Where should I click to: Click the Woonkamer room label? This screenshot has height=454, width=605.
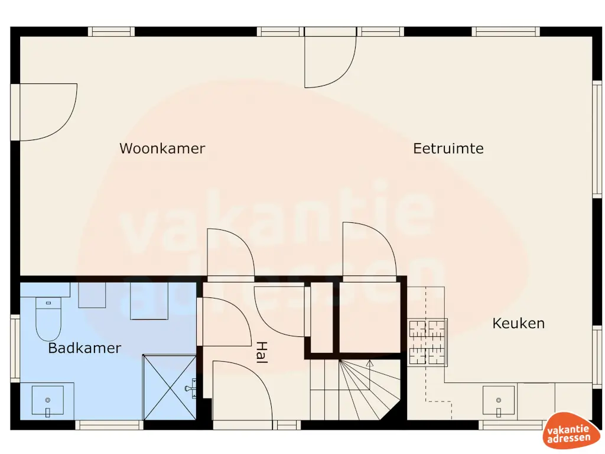tap(162, 148)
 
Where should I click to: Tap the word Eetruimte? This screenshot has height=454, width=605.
tap(448, 148)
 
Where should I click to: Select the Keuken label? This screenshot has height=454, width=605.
tap(518, 323)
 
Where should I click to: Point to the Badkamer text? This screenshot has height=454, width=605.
tap(84, 348)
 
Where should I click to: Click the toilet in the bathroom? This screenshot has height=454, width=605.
tap(48, 319)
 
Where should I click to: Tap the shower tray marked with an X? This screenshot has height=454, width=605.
tap(170, 387)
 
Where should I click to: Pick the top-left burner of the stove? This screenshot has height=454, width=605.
tap(417, 327)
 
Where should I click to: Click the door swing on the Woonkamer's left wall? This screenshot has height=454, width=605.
tap(44, 112)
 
